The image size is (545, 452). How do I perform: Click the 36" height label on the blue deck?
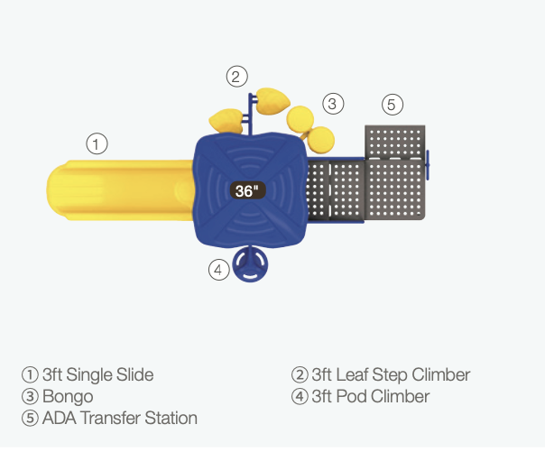pyautogui.click(x=248, y=190)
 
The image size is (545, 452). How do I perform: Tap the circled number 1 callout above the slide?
pyautogui.click(x=97, y=143)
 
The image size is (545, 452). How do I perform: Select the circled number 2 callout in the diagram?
pyautogui.click(x=236, y=77)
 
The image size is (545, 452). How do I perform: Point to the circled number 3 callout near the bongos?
pyautogui.click(x=333, y=104)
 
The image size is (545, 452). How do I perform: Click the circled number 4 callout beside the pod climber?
pyautogui.click(x=219, y=270)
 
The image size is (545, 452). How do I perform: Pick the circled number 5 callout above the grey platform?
pyautogui.click(x=393, y=105)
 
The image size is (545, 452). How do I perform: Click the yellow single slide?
pyautogui.click(x=120, y=190)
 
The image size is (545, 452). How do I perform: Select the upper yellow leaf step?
pyautogui.click(x=272, y=100)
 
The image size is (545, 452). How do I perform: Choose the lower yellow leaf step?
pyautogui.click(x=226, y=121)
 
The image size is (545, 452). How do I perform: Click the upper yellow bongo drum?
pyautogui.click(x=300, y=119)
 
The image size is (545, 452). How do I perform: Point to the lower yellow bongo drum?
pyautogui.click(x=321, y=140)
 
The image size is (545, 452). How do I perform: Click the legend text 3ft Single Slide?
pyautogui.click(x=97, y=375)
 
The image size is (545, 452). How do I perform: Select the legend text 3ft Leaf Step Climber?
pyautogui.click(x=391, y=375)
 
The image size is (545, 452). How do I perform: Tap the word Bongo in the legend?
pyautogui.click(x=68, y=397)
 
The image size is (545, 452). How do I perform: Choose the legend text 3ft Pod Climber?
pyautogui.click(x=371, y=396)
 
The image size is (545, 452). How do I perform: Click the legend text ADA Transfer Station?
pyautogui.click(x=120, y=418)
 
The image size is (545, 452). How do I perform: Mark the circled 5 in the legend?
pyautogui.click(x=30, y=418)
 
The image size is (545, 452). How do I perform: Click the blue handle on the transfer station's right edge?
pyautogui.click(x=428, y=165)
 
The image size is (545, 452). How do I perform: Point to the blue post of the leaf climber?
pyautogui.click(x=250, y=115)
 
